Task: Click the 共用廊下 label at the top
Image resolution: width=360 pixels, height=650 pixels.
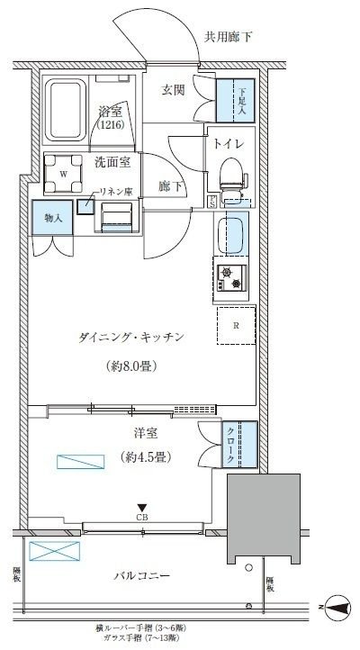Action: [229, 37]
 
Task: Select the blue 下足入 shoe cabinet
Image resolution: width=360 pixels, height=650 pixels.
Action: [237, 99]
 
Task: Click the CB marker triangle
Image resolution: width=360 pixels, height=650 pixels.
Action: [142, 507]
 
